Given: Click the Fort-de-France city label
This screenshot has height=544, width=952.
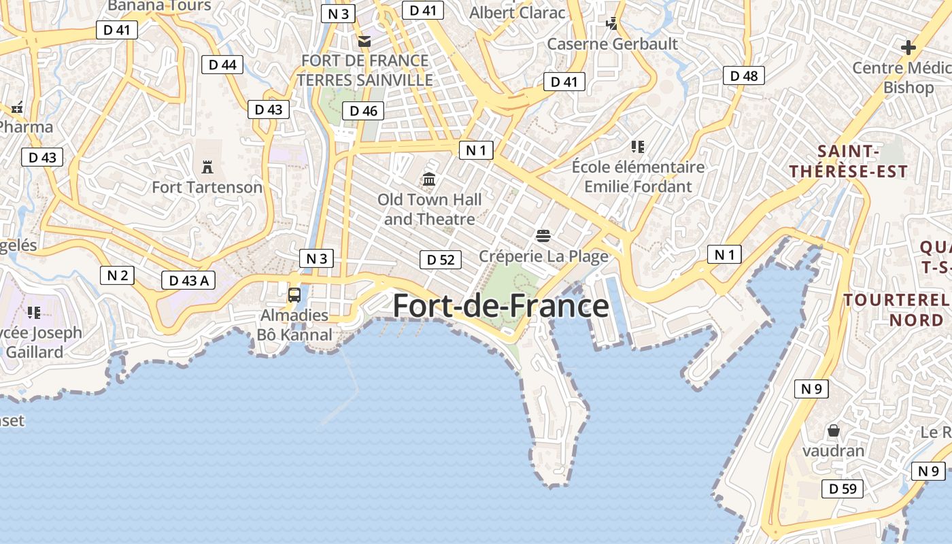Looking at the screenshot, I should coord(501,306).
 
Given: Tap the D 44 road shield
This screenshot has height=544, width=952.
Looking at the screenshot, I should coord(222,65).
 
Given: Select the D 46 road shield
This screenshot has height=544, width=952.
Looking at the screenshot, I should coord(363,111).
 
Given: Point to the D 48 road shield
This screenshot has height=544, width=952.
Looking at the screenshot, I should coord(743,75).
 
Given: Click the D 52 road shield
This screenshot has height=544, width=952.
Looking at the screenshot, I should coord(440,259).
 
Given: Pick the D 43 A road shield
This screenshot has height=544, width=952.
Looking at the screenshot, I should coord(188,279).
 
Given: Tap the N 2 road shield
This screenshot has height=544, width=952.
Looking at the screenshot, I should coord(117,275).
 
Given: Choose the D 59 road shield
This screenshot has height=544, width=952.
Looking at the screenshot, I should coord(843,488).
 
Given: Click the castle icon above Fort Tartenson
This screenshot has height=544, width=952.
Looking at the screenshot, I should coord(207,167).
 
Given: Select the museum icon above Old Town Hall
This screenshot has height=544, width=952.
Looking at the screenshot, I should coord(429,180).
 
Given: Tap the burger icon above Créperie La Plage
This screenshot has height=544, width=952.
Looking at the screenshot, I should coord(543,236).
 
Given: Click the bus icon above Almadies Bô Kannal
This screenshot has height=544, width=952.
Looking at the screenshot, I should coord(294,295).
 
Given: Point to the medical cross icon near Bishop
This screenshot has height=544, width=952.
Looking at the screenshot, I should coord(908,48).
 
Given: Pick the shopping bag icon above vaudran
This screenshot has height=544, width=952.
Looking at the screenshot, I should coord(833,430).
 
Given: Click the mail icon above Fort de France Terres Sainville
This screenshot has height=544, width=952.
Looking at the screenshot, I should coord(365,41).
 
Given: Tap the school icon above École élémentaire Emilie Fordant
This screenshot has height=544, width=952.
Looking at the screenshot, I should coord(637,146).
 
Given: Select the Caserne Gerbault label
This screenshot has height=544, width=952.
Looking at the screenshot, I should coord(613,44).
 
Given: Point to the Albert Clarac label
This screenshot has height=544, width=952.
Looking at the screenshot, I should coord(517,12).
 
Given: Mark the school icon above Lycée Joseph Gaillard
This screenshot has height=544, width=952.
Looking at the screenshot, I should coord(34,313).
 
